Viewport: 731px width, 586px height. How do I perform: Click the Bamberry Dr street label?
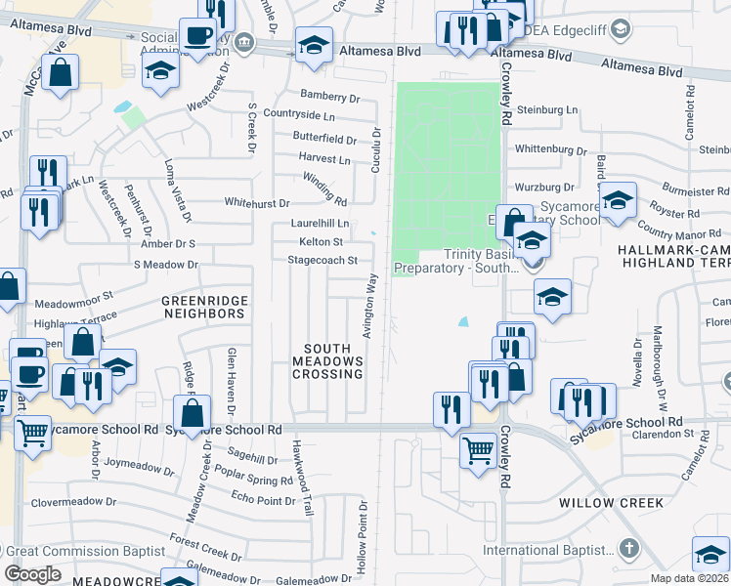pyautogui.click(x=330, y=98)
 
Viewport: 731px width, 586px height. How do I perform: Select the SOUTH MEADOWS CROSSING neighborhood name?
pyautogui.click(x=333, y=361)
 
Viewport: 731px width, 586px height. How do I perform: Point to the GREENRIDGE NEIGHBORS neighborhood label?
pyautogui.click(x=202, y=307)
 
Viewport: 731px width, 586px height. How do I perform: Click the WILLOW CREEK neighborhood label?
pyautogui.click(x=611, y=503)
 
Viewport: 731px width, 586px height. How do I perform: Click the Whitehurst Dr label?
pyautogui.click(x=257, y=203)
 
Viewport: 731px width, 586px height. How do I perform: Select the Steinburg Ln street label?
pyautogui.click(x=548, y=110)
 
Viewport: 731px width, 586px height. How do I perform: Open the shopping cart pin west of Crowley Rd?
pyautogui.click(x=478, y=451)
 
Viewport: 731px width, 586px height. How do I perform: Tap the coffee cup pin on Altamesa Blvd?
pyautogui.click(x=199, y=36)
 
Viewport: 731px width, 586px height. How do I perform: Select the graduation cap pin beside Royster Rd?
pyautogui.click(x=618, y=200)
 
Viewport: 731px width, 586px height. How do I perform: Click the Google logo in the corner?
pyautogui.click(x=32, y=574)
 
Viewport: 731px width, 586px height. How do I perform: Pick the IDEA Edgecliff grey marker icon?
pyautogui.click(x=619, y=30)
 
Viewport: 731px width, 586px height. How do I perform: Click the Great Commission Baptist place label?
pyautogui.click(x=85, y=551)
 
